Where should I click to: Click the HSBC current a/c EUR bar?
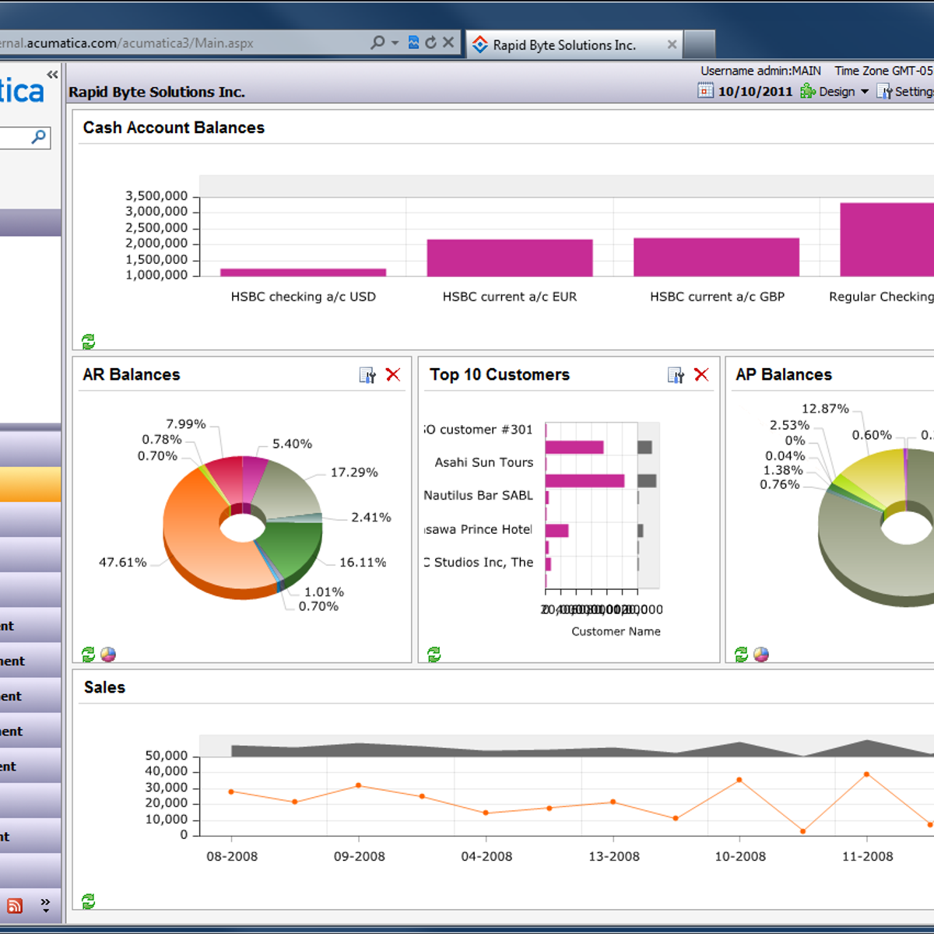click(510, 258)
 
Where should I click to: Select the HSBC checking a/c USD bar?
click(303, 272)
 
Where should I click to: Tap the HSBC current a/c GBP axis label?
click(717, 297)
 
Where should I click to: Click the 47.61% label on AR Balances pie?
click(122, 562)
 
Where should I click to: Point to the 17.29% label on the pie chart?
click(354, 472)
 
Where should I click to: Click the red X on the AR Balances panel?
click(393, 375)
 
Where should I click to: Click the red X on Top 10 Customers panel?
click(701, 375)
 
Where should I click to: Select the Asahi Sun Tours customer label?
click(483, 462)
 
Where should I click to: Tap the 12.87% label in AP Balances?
click(825, 409)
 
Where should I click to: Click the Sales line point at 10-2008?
click(739, 780)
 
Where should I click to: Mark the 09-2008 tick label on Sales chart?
click(359, 856)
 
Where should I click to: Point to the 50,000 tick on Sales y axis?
click(166, 756)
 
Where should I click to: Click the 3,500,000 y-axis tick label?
click(156, 196)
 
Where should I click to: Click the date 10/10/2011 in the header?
click(754, 92)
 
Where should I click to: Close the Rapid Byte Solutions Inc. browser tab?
click(672, 45)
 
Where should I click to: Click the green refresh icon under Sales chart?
click(89, 901)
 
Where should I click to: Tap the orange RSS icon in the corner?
click(15, 906)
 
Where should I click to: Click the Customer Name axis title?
click(616, 631)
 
